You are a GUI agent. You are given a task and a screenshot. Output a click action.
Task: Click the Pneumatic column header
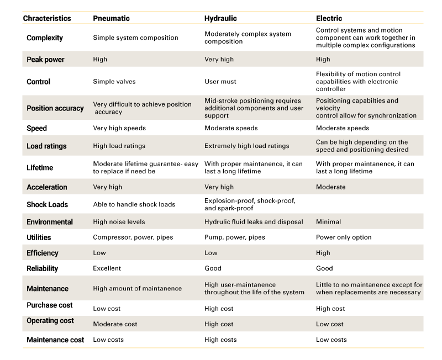pos(112,18)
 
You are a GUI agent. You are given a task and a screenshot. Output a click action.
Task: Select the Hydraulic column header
pos(220,18)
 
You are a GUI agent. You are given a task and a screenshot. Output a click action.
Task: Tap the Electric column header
pos(329,18)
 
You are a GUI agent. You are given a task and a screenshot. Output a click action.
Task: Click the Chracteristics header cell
pos(47,18)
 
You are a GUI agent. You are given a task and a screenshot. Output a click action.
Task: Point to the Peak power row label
pos(45,60)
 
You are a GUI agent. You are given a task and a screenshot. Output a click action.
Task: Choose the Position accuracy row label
pos(55,108)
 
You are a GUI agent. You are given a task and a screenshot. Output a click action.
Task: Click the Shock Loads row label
pos(47,204)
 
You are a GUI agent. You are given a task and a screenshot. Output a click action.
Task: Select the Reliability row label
pos(43,268)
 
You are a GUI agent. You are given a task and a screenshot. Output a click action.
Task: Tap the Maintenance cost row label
pos(55,340)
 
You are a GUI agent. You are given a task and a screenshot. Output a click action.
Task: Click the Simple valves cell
pos(114,82)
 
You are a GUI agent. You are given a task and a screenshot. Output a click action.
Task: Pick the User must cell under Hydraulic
pos(220,82)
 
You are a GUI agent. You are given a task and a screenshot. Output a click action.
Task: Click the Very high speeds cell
pos(119,128)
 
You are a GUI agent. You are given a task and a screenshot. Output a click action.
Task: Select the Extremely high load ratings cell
pos(246,146)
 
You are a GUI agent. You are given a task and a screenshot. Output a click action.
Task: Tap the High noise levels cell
pos(119,222)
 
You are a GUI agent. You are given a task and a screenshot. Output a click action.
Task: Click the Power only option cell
pos(344,237)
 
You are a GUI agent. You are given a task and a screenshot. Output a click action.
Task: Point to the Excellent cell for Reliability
pos(107,268)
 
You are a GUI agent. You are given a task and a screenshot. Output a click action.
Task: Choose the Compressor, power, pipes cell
pos(133,237)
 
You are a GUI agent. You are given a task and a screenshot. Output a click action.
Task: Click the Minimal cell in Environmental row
pos(328,222)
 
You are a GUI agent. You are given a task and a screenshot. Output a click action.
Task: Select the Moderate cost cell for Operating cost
pos(115,324)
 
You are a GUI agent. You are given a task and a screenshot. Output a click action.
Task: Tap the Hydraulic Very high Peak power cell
pos(219,60)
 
